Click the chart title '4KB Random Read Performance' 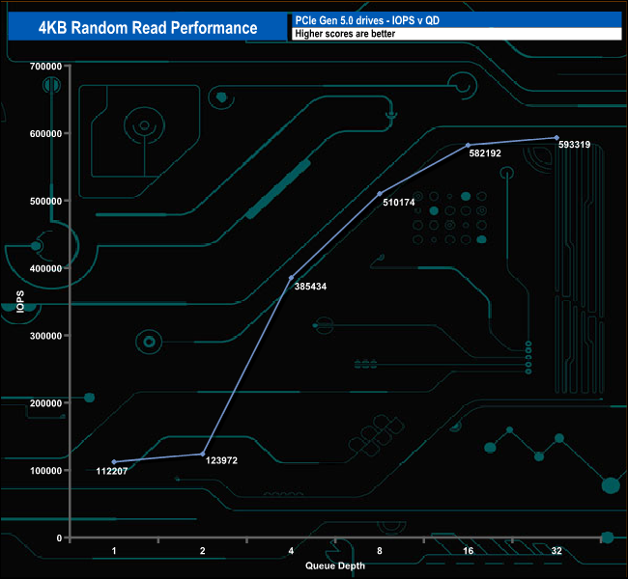(148, 28)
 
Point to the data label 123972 (221, 461)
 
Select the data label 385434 (310, 288)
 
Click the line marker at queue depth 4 (291, 278)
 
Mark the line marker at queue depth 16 (468, 145)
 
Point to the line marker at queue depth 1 (114, 462)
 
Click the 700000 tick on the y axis (46, 67)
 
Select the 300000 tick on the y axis (46, 336)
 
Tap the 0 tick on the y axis (60, 538)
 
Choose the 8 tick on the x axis (380, 551)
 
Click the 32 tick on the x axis (557, 551)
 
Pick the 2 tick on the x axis (203, 551)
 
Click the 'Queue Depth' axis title (335, 565)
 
